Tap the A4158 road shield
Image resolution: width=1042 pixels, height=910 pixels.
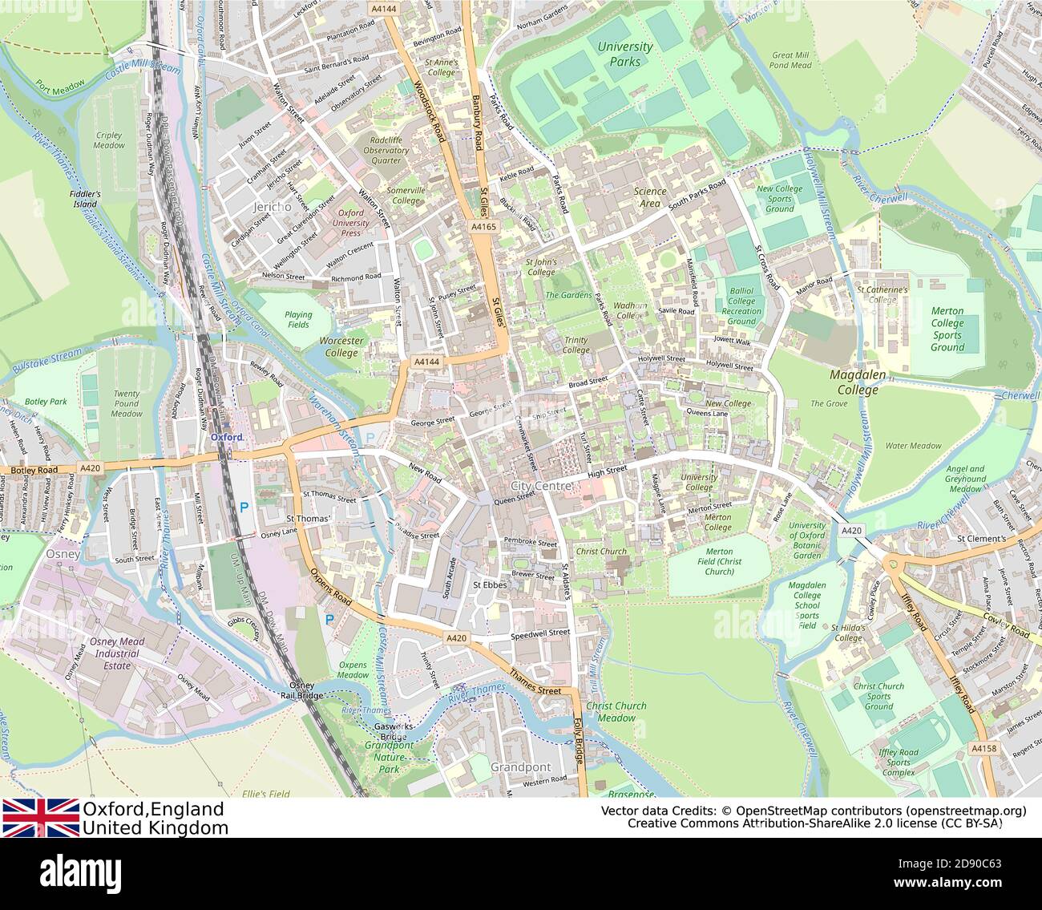pyautogui.click(x=983, y=748)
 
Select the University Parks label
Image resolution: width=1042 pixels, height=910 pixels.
pyautogui.click(x=625, y=54)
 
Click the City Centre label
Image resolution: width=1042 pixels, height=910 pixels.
pyautogui.click(x=541, y=486)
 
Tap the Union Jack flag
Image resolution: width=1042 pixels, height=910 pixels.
pyautogui.click(x=40, y=817)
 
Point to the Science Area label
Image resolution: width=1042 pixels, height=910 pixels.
pyautogui.click(x=650, y=197)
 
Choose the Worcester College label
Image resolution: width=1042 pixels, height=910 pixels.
pyautogui.click(x=341, y=346)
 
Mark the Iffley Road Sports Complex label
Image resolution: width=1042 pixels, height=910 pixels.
pyautogui.click(x=899, y=762)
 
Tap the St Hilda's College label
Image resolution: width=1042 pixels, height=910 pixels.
pyautogui.click(x=846, y=633)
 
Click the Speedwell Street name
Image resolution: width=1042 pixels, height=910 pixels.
pyautogui.click(x=540, y=633)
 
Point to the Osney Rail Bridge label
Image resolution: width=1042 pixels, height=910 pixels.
pyautogui.click(x=301, y=690)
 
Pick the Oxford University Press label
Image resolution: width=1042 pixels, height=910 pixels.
pyautogui.click(x=350, y=223)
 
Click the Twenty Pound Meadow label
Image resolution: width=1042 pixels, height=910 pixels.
pyautogui.click(x=127, y=404)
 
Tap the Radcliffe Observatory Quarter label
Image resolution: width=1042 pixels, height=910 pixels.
pyautogui.click(x=386, y=150)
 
